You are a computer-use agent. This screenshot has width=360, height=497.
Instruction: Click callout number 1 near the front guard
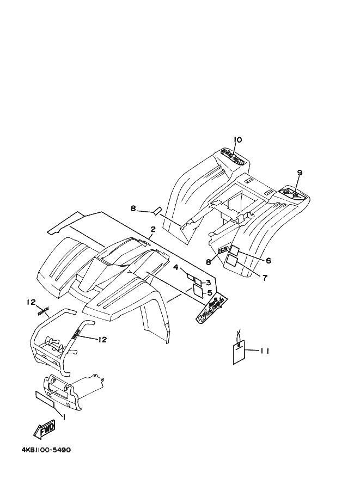coord(64,417)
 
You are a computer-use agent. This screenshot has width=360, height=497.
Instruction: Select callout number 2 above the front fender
coord(153,230)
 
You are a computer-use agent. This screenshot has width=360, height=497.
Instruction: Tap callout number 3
coord(208,282)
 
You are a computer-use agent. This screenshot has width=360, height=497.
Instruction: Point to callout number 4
coord(176,267)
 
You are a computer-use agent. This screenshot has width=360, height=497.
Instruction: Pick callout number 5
coord(210,293)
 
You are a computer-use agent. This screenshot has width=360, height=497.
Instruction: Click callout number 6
coord(268,261)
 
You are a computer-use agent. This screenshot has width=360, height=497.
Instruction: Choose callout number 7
coord(265,278)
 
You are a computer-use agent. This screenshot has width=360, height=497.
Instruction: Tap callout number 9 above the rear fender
coord(299,173)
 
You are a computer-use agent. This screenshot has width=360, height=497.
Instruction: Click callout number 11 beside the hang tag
coord(264,351)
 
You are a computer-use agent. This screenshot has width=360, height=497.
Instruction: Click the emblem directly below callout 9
coord(293,192)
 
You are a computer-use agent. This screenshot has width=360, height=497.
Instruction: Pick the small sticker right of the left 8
coord(157,210)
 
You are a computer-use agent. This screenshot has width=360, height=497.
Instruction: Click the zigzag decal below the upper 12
coord(44,312)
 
